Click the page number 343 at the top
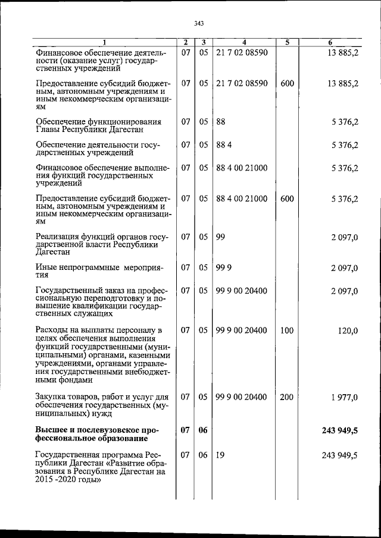199,24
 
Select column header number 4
244,42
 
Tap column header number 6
330,42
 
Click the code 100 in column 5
286,330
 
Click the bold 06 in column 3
203,430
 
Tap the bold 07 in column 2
185,430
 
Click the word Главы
49,130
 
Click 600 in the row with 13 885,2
286,84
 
